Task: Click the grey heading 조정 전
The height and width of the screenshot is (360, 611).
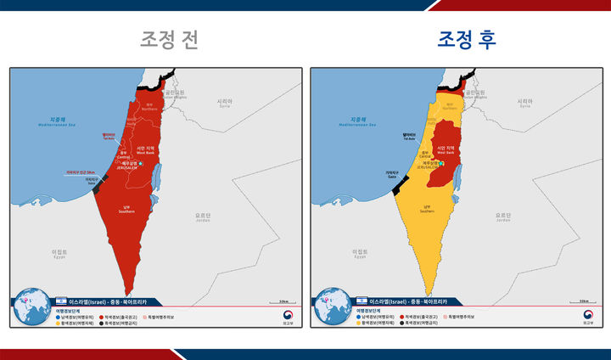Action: pos(170,40)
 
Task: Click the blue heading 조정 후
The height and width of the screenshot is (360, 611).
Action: pos(467,40)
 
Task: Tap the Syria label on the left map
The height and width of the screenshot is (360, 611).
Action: pos(225,103)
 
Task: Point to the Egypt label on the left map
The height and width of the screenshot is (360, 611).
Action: pos(59,253)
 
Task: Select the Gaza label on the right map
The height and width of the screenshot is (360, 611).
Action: pos(391,174)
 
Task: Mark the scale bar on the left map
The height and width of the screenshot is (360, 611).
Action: pos(280,301)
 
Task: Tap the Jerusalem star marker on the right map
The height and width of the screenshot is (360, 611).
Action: pos(441,163)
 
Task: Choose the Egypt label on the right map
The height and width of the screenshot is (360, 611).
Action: pos(361,253)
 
